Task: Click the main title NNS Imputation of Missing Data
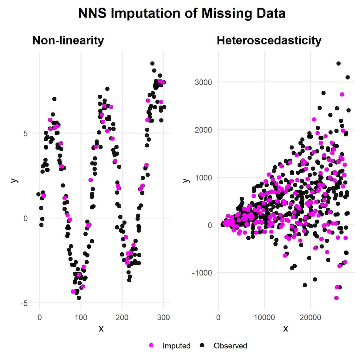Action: tap(182, 14)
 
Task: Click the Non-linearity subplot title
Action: tap(68, 40)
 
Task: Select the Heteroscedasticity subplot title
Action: tap(269, 40)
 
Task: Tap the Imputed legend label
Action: tap(176, 346)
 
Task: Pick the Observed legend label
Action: tap(230, 346)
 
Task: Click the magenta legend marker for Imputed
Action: tap(152, 345)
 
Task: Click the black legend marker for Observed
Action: tap(203, 345)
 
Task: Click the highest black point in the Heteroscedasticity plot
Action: tap(339, 63)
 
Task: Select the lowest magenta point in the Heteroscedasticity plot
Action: tap(336, 298)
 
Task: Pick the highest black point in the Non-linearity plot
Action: tap(153, 63)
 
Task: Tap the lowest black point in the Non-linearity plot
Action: tap(79, 298)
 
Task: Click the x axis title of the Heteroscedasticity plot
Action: tap(285, 329)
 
